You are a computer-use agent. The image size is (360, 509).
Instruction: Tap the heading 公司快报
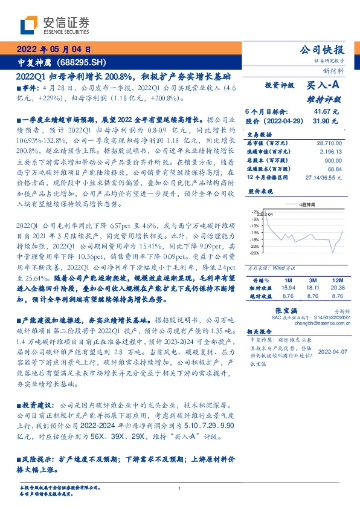[324, 50]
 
